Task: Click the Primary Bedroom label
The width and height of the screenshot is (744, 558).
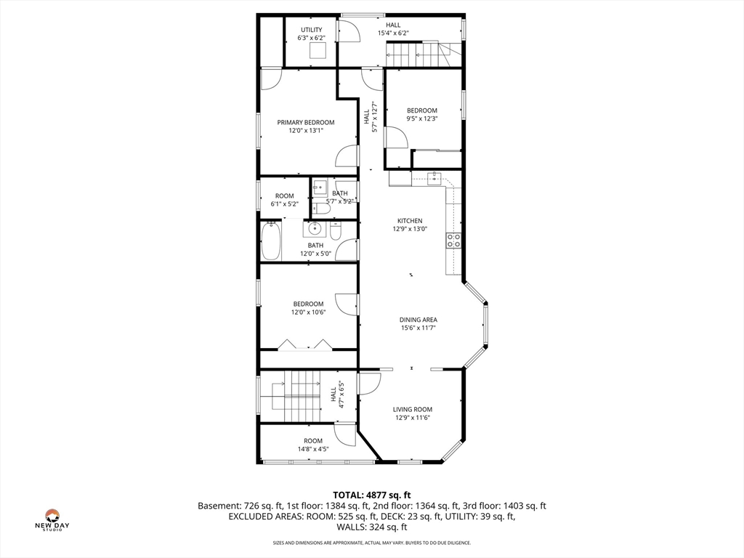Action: coord(305,122)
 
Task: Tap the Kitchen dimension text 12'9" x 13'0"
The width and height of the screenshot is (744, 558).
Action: coord(410,229)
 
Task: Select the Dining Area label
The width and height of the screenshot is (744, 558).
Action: coord(418,320)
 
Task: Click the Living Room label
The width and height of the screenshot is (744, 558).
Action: coord(413,409)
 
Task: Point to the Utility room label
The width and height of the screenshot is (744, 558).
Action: coord(311,30)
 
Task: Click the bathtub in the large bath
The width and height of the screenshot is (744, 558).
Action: coord(271,240)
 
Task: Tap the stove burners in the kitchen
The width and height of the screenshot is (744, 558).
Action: coord(454,240)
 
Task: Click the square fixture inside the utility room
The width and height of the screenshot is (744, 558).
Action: coord(318,50)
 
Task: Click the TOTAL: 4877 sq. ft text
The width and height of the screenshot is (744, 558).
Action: coord(371,496)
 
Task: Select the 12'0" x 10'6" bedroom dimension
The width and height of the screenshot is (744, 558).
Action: coord(309,312)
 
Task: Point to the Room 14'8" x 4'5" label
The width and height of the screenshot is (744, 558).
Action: coord(313,445)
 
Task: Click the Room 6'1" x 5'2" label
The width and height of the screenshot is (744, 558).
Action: coord(284,200)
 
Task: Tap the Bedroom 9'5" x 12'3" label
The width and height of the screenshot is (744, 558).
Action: coord(421,114)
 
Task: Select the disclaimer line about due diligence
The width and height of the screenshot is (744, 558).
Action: coord(371,543)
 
